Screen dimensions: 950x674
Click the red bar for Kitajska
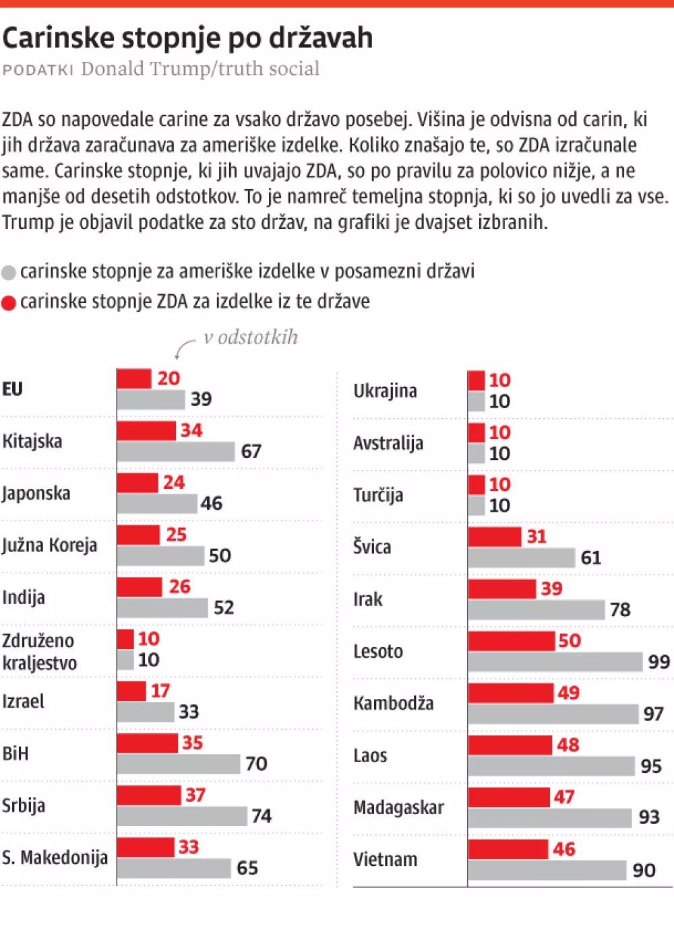pyautogui.click(x=146, y=430)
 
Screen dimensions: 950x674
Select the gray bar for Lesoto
pyautogui.click(x=555, y=662)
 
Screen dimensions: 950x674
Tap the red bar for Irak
pyautogui.click(x=502, y=588)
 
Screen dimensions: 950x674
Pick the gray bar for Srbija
pyautogui.click(x=182, y=816)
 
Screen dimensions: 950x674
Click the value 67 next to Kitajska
pyautogui.click(x=251, y=451)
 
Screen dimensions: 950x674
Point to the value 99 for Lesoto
pyautogui.click(x=658, y=662)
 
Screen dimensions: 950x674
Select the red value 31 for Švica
pyautogui.click(x=537, y=537)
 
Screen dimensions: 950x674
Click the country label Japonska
pyautogui.click(x=36, y=494)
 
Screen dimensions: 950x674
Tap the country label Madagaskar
pyautogui.click(x=398, y=807)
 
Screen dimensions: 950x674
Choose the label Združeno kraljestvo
pyautogui.click(x=39, y=652)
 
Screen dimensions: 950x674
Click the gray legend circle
pyautogui.click(x=9, y=273)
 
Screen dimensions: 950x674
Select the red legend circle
pyautogui.click(x=9, y=303)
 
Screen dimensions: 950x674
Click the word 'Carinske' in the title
pyautogui.click(x=59, y=38)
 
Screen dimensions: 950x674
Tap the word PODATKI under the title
pyautogui.click(x=38, y=70)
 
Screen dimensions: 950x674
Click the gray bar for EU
pyautogui.click(x=151, y=399)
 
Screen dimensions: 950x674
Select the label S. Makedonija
pyautogui.click(x=55, y=858)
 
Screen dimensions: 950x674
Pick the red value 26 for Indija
pyautogui.click(x=179, y=586)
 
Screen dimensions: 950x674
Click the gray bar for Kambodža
pyautogui.click(x=553, y=714)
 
